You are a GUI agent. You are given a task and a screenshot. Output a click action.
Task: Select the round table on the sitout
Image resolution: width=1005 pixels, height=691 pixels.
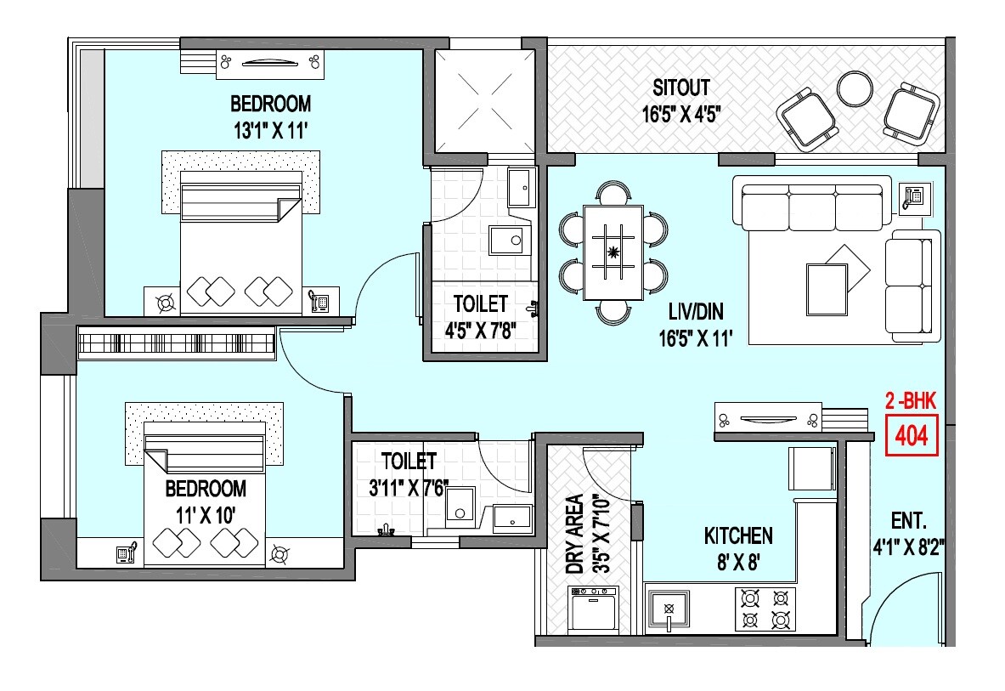click(x=853, y=88)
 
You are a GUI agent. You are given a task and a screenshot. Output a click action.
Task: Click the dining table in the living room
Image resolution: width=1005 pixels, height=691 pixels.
click(x=612, y=252)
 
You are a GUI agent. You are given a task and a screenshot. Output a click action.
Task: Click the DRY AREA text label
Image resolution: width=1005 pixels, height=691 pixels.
click(x=575, y=535)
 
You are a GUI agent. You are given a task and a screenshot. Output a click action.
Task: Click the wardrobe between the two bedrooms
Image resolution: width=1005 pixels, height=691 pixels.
click(x=177, y=343)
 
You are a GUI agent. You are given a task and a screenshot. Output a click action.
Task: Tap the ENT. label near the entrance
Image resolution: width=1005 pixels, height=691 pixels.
click(x=909, y=521)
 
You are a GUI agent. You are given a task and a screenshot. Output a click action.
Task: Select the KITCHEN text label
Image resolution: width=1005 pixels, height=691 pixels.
click(x=738, y=535)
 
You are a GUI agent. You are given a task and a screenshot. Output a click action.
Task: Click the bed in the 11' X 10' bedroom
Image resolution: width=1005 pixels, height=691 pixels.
click(x=204, y=493)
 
